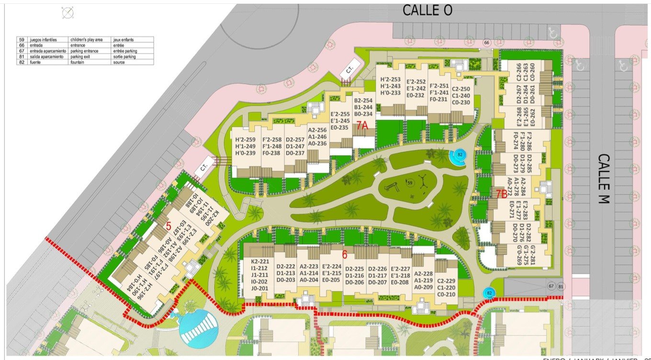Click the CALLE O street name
point(427,11)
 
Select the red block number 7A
point(361,125)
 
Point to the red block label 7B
point(501,194)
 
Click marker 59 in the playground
point(409,182)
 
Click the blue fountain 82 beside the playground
point(459,155)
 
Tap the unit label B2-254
point(363,101)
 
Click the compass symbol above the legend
point(68,13)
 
